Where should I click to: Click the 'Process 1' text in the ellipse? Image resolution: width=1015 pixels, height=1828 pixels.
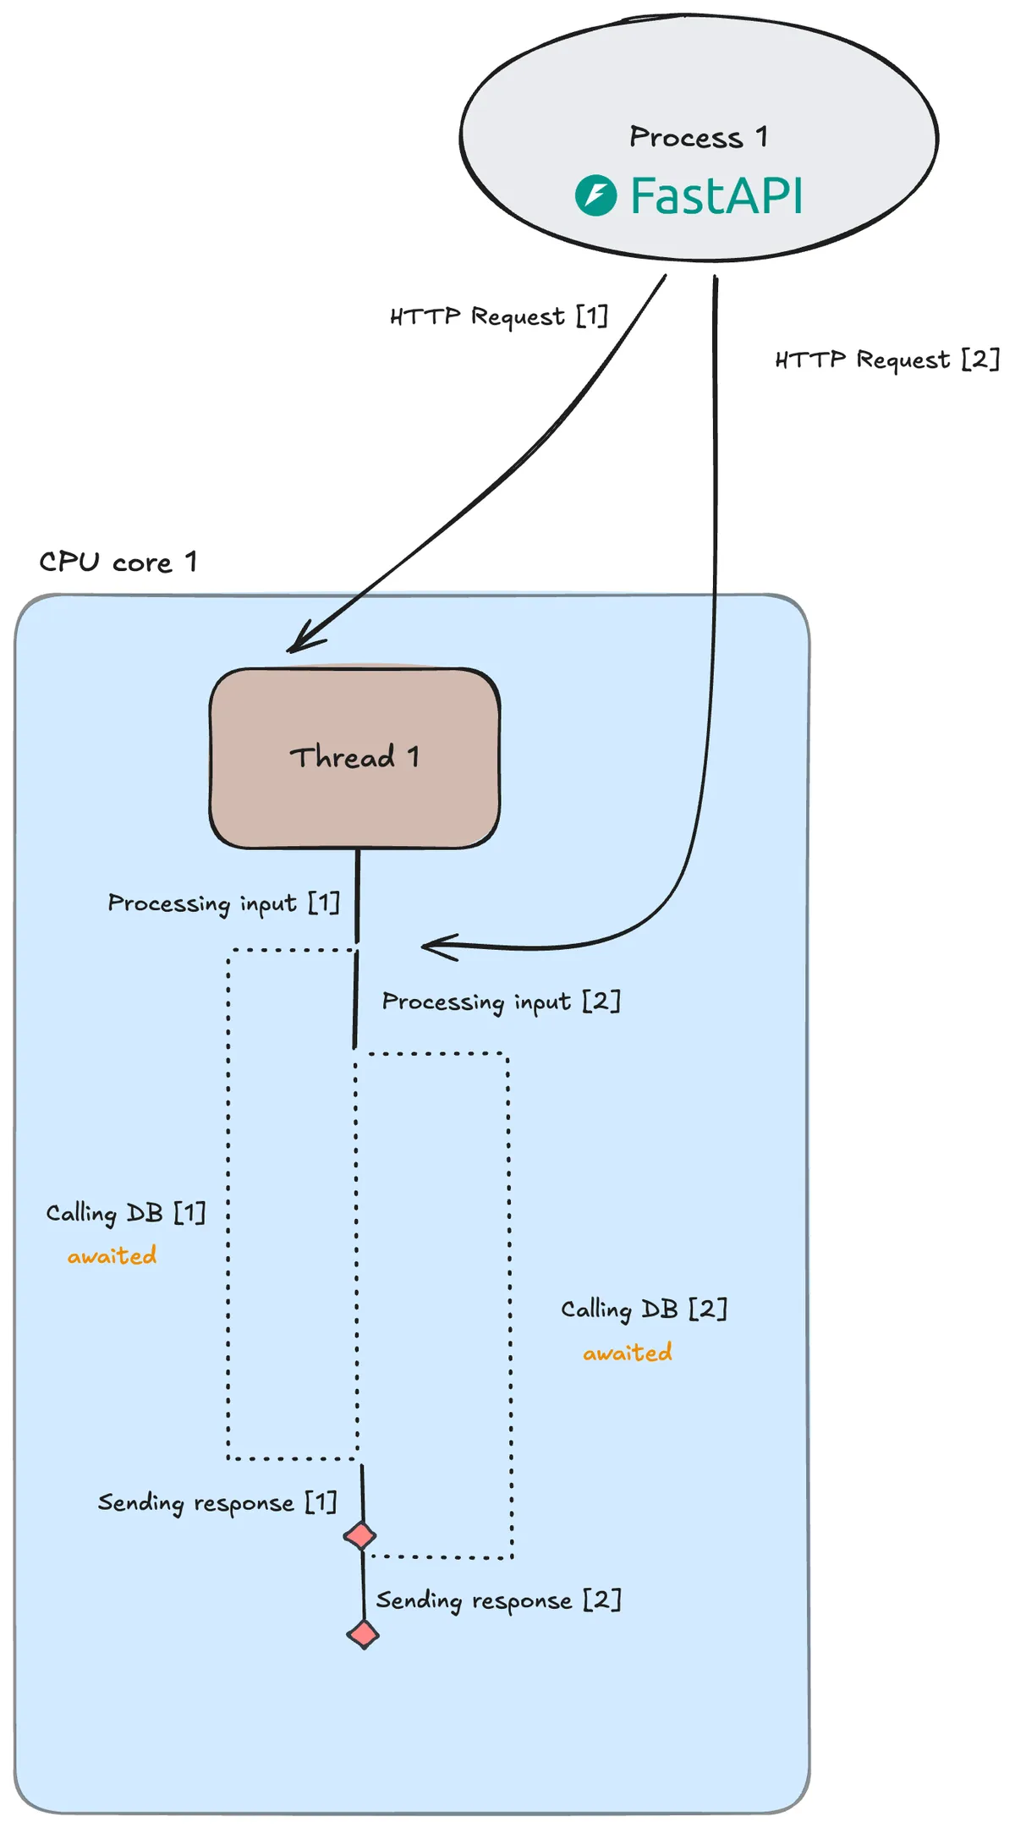click(698, 137)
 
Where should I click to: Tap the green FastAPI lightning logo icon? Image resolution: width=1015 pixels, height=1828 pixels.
click(595, 195)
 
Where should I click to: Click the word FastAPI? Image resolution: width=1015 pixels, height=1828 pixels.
click(716, 195)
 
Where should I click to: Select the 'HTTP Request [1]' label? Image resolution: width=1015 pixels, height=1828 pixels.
click(499, 316)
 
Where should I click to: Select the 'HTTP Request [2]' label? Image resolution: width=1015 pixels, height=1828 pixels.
click(886, 360)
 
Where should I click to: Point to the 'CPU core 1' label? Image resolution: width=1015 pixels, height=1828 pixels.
click(118, 562)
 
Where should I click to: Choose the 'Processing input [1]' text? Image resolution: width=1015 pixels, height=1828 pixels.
click(223, 903)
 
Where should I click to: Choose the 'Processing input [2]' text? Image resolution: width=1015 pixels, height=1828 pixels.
click(501, 1002)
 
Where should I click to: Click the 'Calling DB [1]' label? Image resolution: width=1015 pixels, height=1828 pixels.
click(125, 1213)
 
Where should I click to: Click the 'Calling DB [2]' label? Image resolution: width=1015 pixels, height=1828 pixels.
click(644, 1309)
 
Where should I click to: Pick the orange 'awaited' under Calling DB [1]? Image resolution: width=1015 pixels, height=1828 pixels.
click(112, 1256)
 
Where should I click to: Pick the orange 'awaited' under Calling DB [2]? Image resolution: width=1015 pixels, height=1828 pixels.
click(627, 1353)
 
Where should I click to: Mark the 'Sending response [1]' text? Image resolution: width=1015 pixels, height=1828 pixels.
click(217, 1502)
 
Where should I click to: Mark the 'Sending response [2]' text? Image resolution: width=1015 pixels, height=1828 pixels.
click(498, 1600)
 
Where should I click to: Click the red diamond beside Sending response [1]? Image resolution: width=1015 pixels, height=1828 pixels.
click(360, 1535)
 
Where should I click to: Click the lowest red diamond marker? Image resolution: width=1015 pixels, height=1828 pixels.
click(363, 1634)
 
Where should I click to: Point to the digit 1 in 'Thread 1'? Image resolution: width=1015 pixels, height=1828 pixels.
click(413, 756)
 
